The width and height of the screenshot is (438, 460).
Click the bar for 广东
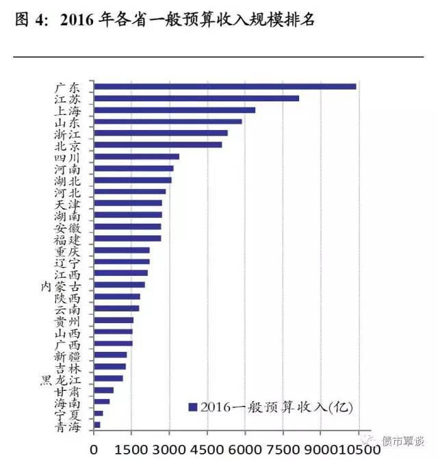click(x=224, y=86)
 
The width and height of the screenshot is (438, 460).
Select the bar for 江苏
click(x=196, y=98)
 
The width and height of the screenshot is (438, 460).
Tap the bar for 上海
click(x=175, y=110)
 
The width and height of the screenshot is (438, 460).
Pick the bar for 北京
click(x=157, y=144)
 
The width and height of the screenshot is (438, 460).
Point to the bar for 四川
click(x=136, y=157)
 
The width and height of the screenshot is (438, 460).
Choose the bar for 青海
click(x=97, y=425)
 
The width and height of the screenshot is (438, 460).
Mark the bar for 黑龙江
click(x=108, y=378)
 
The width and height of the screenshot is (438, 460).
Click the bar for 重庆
click(x=121, y=250)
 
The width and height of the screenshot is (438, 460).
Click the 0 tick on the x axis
click(x=94, y=449)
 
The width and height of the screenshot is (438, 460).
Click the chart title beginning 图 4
click(x=164, y=19)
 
